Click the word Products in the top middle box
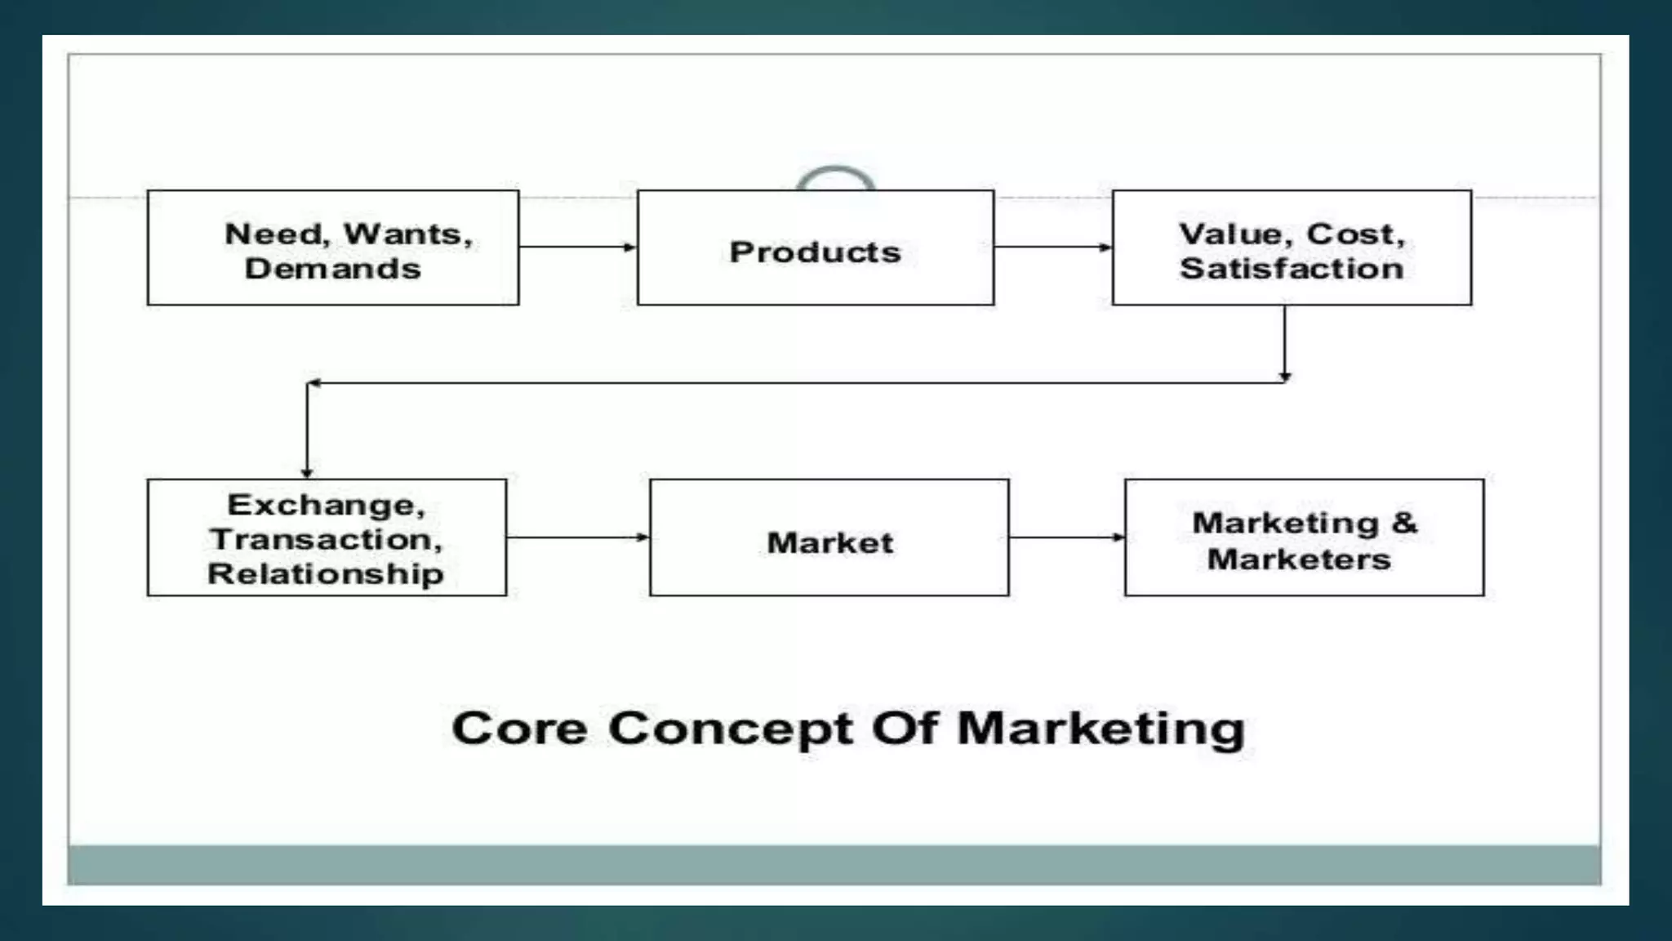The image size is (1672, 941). (815, 252)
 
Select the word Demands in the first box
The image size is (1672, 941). (332, 269)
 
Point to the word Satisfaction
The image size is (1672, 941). (1292, 269)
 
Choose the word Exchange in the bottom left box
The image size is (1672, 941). (326, 505)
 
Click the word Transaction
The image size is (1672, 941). (326, 539)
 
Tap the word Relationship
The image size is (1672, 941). (326, 573)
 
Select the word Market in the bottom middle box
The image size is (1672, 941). (829, 542)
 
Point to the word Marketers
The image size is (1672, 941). (1299, 560)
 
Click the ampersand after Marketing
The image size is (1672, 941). (1404, 523)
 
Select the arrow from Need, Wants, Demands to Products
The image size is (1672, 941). (577, 247)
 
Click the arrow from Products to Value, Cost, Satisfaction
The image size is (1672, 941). (1052, 247)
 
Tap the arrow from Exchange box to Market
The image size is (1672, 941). (577, 537)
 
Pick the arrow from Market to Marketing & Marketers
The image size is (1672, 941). (1066, 537)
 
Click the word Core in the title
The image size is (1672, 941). (519, 728)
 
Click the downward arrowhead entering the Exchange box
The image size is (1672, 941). (307, 472)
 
